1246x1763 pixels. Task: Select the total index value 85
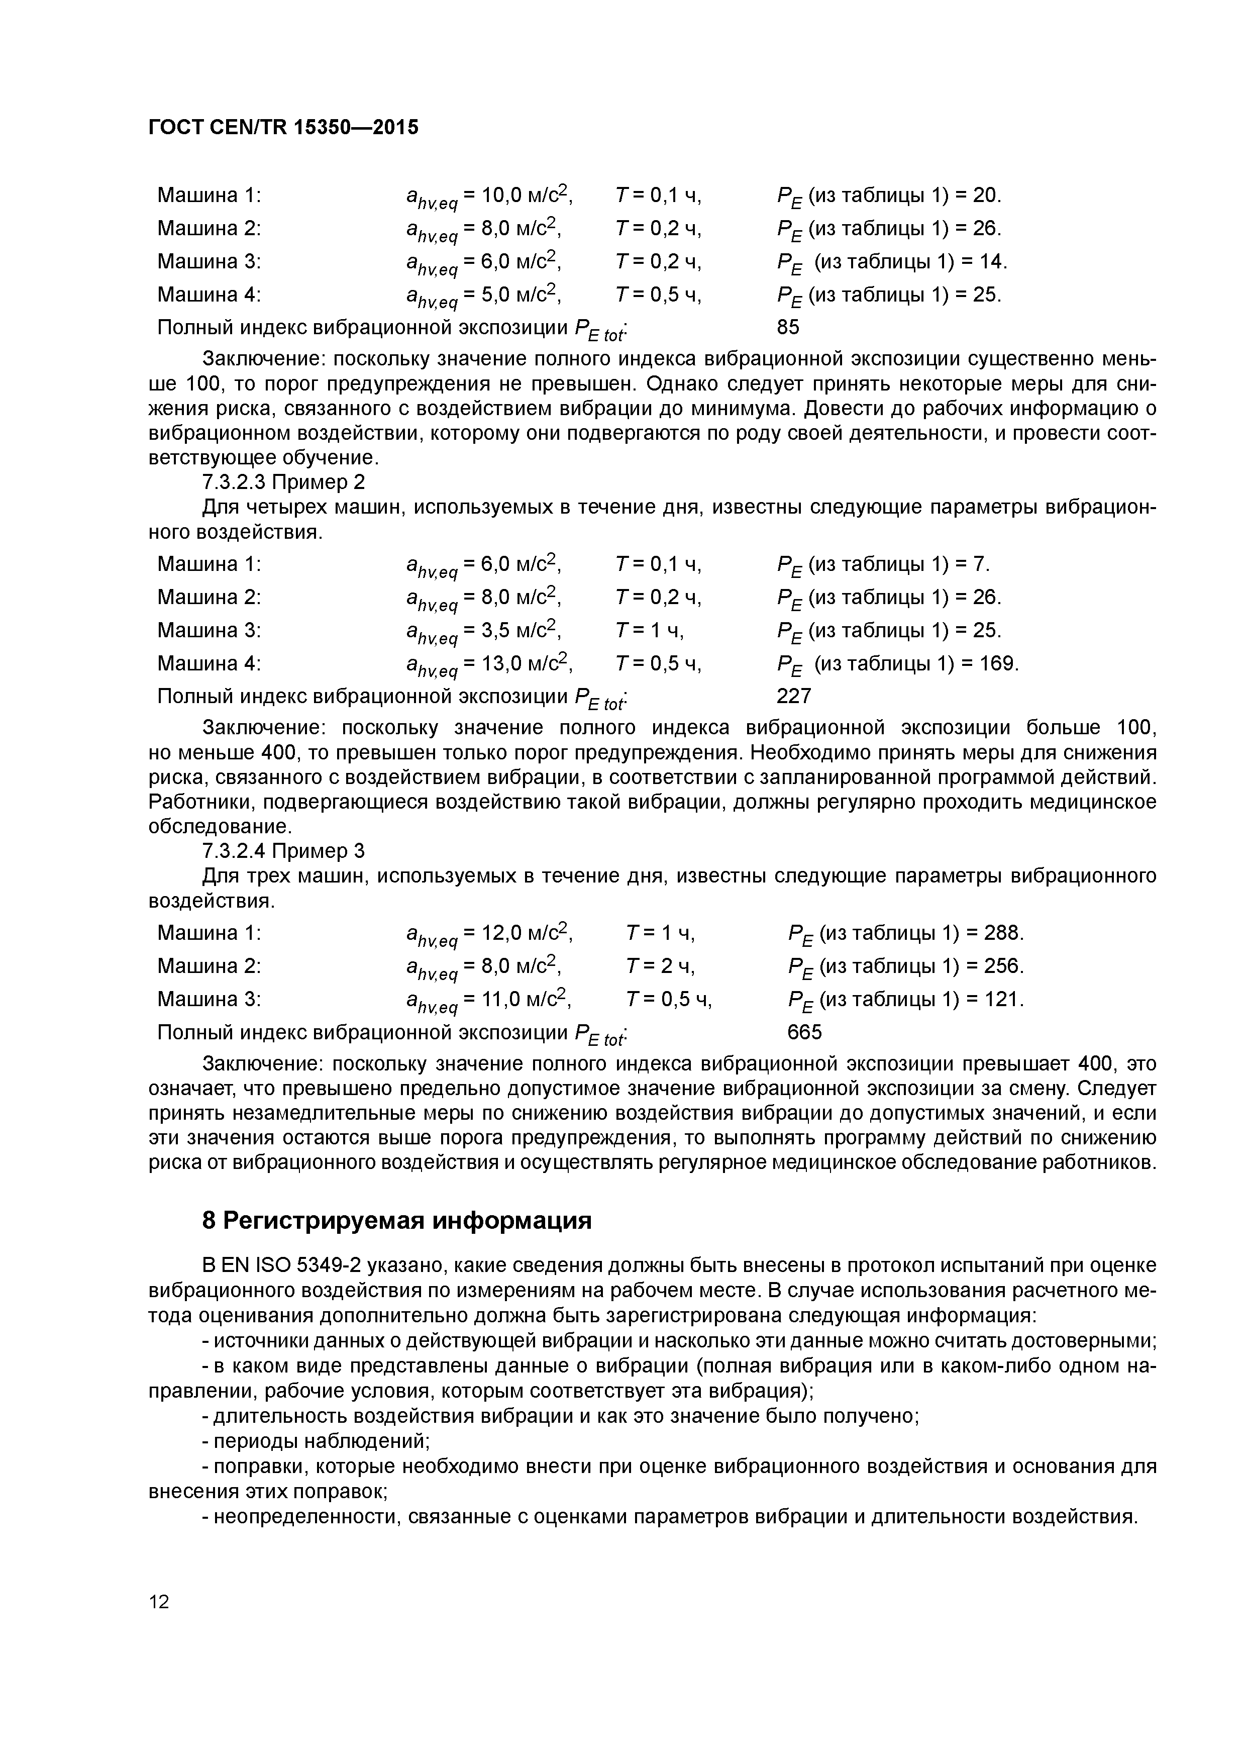(788, 327)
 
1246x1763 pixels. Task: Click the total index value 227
(794, 696)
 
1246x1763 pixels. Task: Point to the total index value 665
(804, 1032)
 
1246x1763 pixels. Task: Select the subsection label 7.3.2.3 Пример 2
(283, 482)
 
